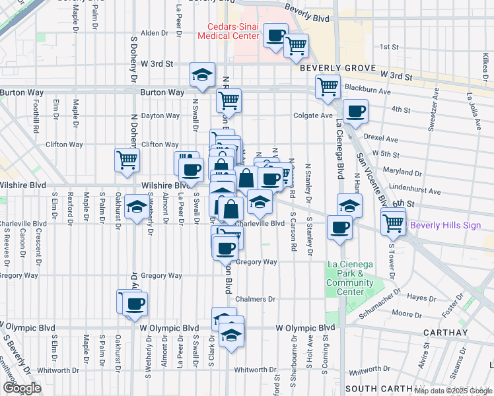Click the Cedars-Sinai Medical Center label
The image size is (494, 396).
pyautogui.click(x=229, y=31)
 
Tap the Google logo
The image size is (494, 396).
pyautogui.click(x=22, y=388)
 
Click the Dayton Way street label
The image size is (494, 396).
pyautogui.click(x=160, y=115)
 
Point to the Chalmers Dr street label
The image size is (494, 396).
pyautogui.click(x=256, y=299)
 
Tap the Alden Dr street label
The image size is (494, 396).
pyautogui.click(x=155, y=33)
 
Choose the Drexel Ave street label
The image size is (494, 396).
pyautogui.click(x=383, y=140)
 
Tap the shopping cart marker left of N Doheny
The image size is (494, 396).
pyautogui.click(x=127, y=159)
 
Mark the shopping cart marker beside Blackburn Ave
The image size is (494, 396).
pyautogui.click(x=328, y=86)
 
